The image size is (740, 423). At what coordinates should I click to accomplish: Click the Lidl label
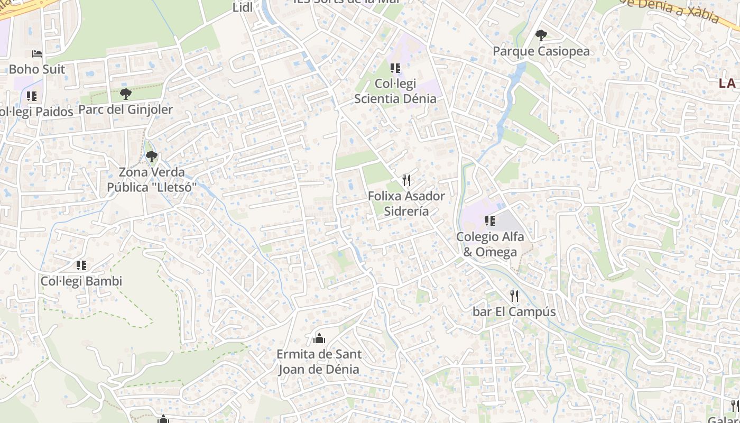coord(243,7)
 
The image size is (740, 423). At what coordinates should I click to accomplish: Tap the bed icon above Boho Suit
coord(36,54)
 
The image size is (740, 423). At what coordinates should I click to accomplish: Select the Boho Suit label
coord(37,69)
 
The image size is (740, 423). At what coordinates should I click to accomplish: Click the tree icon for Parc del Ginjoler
coord(125,94)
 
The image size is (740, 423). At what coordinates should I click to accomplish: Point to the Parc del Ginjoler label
coord(126,109)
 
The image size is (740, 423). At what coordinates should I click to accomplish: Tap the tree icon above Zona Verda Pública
coord(152,157)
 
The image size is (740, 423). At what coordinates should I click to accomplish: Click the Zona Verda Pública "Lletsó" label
coord(152,180)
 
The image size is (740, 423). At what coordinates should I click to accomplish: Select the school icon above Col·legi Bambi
coord(81,265)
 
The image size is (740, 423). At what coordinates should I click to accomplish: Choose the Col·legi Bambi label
coord(81,281)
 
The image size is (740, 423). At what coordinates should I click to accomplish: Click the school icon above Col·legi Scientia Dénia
coord(395,68)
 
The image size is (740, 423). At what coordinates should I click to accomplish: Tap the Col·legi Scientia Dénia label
coord(395,91)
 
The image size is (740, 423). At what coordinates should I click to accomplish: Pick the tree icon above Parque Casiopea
coord(541,35)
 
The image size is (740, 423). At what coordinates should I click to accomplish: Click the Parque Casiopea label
coord(541,51)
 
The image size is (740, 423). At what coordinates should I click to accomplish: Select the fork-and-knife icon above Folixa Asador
coord(406,180)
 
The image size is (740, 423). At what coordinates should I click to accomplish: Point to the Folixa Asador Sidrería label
coord(406,204)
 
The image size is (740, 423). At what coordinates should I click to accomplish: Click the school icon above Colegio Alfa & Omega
coord(489,221)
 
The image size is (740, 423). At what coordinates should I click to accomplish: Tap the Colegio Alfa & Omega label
coord(490,244)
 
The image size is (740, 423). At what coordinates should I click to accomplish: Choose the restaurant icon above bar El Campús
coord(514,296)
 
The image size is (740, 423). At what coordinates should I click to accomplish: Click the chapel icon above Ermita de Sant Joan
coord(319,338)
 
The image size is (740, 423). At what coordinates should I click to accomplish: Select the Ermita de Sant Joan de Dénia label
coord(319,362)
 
